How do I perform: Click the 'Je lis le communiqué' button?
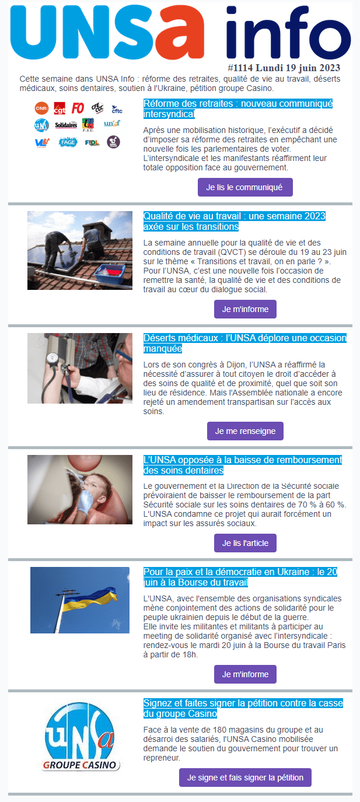245,187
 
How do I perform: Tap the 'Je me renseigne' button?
245,431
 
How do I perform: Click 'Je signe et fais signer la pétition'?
245,778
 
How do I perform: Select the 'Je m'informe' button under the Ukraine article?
245,674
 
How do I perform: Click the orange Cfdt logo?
41,108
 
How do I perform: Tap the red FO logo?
78,108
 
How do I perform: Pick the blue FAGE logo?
68,142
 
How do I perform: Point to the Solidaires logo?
66,125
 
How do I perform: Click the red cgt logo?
60,108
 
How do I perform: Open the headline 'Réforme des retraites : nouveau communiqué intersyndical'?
238,109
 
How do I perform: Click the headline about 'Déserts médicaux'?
244,344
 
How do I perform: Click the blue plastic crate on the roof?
110,273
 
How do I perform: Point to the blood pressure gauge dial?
53,358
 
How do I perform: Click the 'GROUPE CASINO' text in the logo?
80,765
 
